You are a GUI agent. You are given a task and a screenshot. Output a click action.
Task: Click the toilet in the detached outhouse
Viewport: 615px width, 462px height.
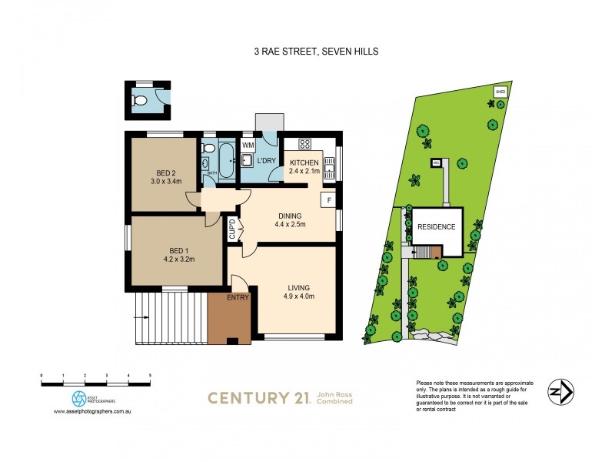pyautogui.click(x=140, y=99)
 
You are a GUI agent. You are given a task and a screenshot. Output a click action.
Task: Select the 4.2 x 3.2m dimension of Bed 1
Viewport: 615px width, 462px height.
pyautogui.click(x=167, y=259)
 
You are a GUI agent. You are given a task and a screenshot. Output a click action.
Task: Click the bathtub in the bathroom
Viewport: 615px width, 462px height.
pyautogui.click(x=226, y=161)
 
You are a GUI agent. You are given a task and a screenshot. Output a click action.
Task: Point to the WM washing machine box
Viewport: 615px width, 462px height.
pyautogui.click(x=248, y=145)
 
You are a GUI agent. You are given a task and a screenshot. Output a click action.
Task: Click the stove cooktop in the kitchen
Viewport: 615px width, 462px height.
pyautogui.click(x=304, y=143)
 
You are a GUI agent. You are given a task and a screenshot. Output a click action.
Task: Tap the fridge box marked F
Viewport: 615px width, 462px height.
pyautogui.click(x=329, y=200)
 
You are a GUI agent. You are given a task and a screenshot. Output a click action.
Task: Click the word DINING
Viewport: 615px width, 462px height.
pyautogui.click(x=290, y=216)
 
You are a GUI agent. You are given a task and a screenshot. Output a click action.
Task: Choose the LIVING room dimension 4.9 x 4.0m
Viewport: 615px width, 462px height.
pyautogui.click(x=300, y=296)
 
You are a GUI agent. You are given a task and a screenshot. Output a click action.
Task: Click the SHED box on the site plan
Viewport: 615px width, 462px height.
pyautogui.click(x=500, y=92)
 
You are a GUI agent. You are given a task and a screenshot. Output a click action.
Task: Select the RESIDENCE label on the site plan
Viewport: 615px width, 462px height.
pyautogui.click(x=436, y=227)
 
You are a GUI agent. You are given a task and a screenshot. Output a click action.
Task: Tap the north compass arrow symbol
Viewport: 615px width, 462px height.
pyautogui.click(x=560, y=393)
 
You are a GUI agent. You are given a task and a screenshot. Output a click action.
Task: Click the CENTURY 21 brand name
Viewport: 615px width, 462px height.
pyautogui.click(x=258, y=397)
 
